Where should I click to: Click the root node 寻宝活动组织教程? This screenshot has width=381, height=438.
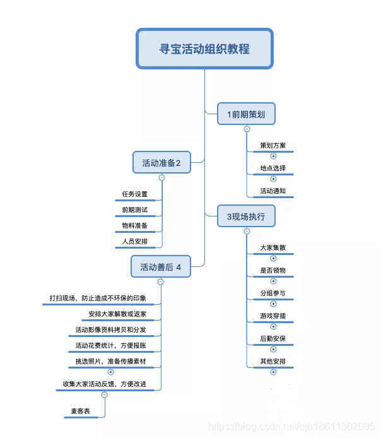click(x=204, y=49)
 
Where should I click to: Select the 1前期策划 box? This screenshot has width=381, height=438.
click(x=246, y=114)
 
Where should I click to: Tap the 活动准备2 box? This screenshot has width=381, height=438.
click(x=161, y=163)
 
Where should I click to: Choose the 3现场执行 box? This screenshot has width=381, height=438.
click(x=246, y=216)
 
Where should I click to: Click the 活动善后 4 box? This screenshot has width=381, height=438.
click(x=160, y=267)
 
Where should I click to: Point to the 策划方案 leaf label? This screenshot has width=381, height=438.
click(x=273, y=146)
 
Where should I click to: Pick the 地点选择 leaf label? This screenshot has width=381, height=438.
click(x=273, y=169)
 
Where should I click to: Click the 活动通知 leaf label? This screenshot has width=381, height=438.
click(x=273, y=191)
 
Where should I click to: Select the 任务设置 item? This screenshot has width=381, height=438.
click(x=134, y=194)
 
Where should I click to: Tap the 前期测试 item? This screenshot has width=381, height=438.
click(x=134, y=210)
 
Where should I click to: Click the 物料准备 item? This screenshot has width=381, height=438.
click(x=134, y=225)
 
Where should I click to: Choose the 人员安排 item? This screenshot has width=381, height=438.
click(x=134, y=241)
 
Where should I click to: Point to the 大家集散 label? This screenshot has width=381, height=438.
click(x=273, y=248)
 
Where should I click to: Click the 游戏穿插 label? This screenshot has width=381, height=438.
click(x=273, y=316)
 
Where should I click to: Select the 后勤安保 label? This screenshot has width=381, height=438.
click(x=273, y=339)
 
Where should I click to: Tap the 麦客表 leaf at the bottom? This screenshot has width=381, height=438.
click(x=80, y=411)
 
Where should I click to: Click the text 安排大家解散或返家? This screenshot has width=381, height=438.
click(x=118, y=314)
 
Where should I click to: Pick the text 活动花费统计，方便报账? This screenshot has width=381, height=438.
click(x=111, y=345)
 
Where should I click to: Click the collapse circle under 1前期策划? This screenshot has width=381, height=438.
click(x=247, y=129)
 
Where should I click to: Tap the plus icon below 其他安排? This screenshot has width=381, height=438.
click(x=273, y=372)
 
